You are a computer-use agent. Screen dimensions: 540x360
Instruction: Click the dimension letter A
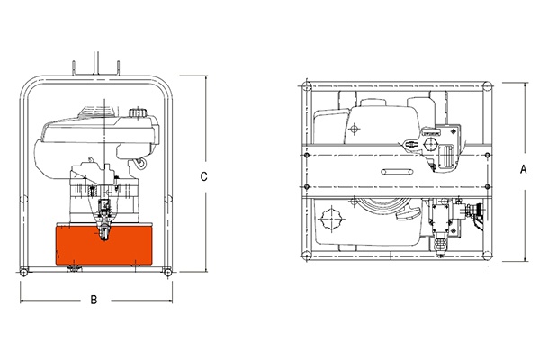point(523,169)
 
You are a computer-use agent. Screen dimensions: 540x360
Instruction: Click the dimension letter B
point(94,300)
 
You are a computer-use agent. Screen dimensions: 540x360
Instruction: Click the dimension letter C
point(204,176)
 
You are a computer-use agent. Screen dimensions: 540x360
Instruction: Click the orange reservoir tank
point(104,244)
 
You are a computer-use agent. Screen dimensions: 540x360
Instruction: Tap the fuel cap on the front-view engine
point(138,112)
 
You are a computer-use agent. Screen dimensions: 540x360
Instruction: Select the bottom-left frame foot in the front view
point(23,272)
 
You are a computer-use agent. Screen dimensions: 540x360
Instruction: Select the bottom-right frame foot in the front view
point(167,272)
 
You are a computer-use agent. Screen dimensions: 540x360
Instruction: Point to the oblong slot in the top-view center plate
point(397,172)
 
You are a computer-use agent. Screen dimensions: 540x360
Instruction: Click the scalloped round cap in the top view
point(332,219)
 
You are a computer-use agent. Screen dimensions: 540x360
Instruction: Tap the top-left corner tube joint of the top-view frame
point(307,86)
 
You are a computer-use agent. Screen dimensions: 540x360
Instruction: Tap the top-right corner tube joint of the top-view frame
point(487,86)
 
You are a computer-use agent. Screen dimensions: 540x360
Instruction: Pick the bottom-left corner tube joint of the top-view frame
point(307,256)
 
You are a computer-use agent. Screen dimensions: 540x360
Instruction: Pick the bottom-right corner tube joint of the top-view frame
point(487,256)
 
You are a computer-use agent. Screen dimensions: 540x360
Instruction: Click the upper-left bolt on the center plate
point(307,156)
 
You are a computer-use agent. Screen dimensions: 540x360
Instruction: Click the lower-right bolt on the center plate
point(487,186)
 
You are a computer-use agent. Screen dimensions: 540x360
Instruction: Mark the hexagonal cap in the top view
point(431,144)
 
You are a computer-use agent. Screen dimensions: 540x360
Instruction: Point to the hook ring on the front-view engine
point(141,163)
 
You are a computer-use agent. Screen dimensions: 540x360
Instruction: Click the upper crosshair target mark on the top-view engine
point(354,130)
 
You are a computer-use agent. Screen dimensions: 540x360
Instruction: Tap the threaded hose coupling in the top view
point(474,209)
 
